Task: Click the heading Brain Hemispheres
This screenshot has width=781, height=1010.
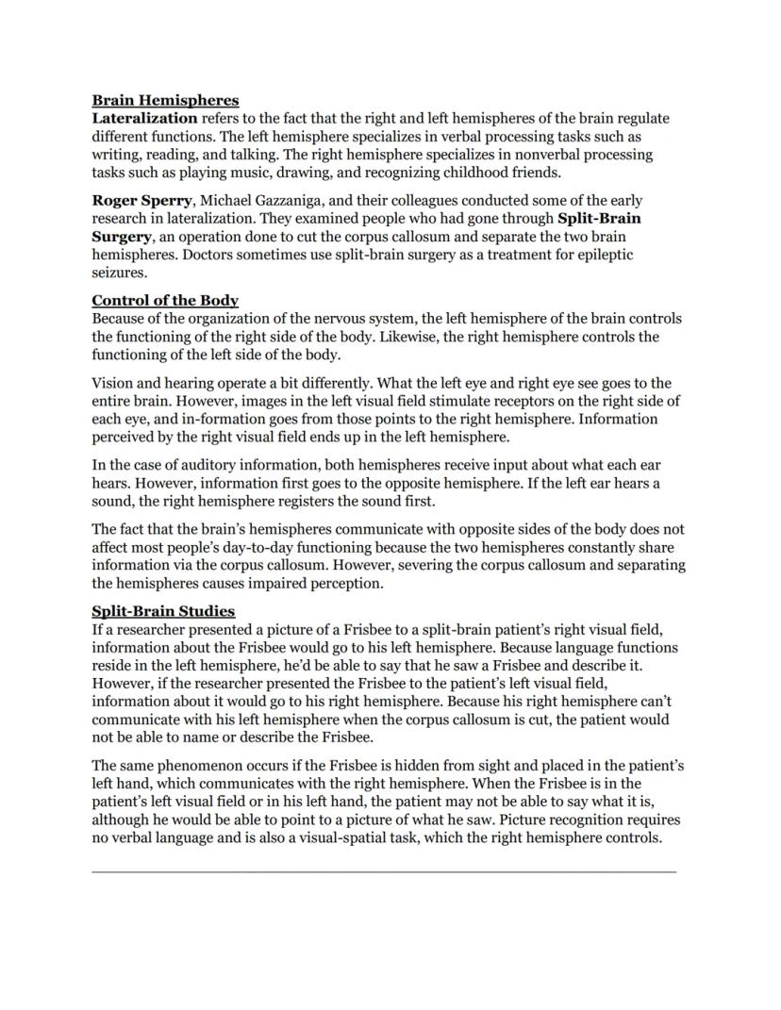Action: [x=165, y=100]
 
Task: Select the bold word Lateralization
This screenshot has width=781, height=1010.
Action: [x=144, y=118]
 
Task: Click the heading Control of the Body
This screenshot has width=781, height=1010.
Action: [x=165, y=301]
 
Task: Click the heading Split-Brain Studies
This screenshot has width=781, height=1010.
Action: [x=163, y=611]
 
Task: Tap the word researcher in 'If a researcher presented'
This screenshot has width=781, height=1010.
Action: [x=146, y=629]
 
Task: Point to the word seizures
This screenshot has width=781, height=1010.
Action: [x=119, y=273]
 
